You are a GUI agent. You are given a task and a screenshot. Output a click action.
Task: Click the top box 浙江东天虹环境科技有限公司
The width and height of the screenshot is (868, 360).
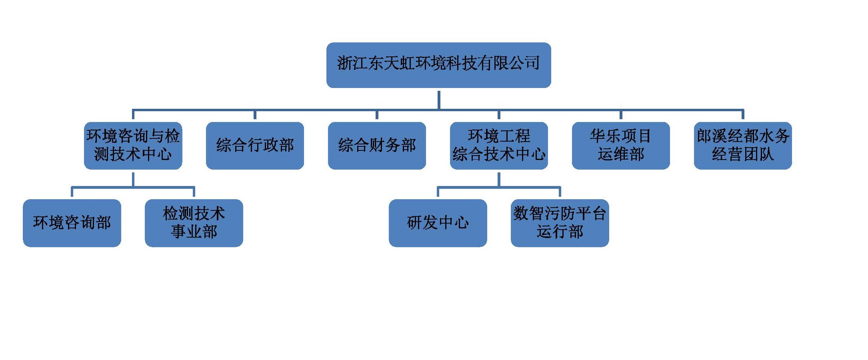[438, 65]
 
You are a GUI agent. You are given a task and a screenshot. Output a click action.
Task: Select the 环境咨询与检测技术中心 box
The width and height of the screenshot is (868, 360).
[133, 146]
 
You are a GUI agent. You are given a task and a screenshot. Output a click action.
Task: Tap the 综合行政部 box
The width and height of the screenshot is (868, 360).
[255, 146]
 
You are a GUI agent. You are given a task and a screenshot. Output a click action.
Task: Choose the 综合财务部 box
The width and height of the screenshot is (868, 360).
[377, 146]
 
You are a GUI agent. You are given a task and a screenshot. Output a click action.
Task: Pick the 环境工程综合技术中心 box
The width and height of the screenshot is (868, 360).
[499, 146]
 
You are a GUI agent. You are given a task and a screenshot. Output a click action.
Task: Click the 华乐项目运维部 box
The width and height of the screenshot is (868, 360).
[621, 146]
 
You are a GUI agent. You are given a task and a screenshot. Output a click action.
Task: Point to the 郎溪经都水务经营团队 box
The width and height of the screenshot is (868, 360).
[743, 146]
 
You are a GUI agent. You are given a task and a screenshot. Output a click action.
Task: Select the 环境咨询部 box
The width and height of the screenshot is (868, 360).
[72, 223]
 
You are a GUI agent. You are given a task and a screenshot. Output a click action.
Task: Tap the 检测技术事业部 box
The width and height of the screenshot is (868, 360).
[194, 223]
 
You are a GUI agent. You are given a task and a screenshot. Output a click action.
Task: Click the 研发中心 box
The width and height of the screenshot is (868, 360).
[438, 223]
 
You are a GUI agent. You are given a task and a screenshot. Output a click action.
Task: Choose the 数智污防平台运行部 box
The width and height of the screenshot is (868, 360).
[560, 223]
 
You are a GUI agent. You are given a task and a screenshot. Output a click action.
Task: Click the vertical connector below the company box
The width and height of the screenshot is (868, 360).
[439, 99]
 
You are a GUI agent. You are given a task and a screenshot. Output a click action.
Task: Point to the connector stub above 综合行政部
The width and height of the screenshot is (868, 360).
[255, 115]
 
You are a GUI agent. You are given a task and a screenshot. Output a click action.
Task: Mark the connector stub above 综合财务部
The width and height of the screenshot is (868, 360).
[377, 115]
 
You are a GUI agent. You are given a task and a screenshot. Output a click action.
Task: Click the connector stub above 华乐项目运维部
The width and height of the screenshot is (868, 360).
[621, 115]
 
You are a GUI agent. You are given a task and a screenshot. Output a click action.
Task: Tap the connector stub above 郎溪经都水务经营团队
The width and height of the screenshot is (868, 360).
[743, 115]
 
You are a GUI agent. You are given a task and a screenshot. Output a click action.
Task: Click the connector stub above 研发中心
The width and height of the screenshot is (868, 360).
[438, 192]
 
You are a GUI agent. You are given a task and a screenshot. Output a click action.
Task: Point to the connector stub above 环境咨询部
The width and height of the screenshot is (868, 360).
[72, 192]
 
